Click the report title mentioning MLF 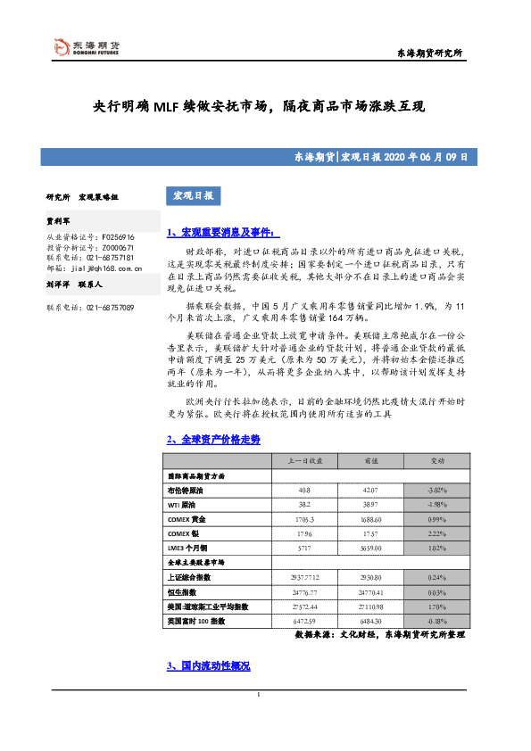[260, 107]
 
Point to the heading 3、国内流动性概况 [209, 666]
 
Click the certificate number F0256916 [116, 238]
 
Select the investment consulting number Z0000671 [116, 248]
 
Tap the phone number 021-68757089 [110, 307]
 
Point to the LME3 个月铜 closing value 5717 [304, 547]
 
